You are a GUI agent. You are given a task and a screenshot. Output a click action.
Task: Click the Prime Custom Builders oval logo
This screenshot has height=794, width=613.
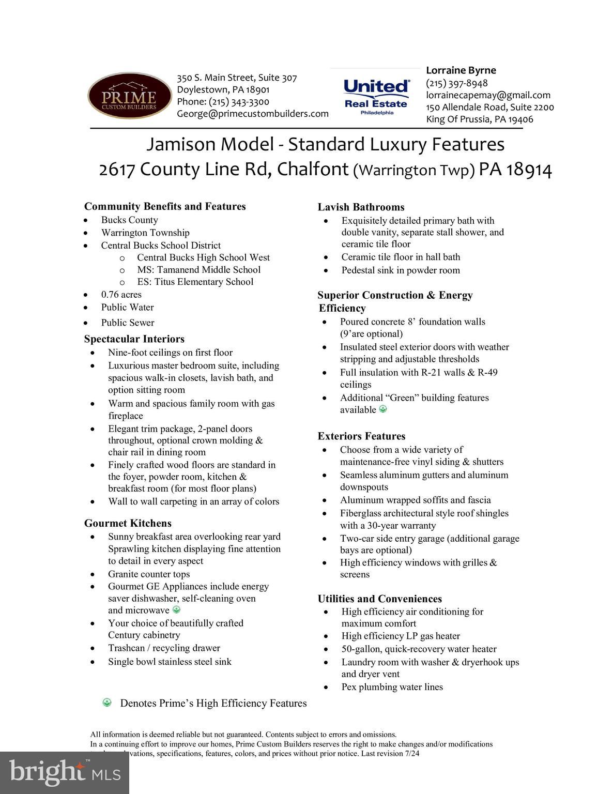pos(129,96)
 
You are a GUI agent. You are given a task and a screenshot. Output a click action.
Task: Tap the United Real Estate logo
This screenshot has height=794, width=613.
pos(376,97)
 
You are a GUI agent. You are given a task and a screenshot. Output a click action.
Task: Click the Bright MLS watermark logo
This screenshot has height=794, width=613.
pos(64,772)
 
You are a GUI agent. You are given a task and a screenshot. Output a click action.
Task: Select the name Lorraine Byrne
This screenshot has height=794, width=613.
pos(461,70)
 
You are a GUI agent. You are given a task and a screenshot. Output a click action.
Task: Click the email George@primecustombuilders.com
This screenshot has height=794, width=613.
pos(252,114)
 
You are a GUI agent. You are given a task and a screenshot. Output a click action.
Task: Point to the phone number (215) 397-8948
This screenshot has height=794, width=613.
pos(456,83)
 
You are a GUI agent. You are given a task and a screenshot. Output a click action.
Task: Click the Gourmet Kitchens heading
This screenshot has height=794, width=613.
pos(128,523)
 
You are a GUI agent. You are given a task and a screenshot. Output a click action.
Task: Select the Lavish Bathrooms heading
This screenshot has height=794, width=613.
pos(361,207)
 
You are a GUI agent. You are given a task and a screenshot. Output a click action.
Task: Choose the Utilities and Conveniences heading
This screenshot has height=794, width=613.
pos(379,599)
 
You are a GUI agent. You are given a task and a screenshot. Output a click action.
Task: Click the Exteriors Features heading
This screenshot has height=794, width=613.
pos(361,436)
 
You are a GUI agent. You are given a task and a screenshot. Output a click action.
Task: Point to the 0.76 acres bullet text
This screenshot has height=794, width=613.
pos(121,295)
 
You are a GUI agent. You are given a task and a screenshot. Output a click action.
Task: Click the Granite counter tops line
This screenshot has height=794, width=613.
pos(149,574)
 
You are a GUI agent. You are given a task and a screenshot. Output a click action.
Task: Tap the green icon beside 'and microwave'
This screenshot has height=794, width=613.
pos(176,610)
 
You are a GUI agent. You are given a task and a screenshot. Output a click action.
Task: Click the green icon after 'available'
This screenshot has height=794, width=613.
pos(383,409)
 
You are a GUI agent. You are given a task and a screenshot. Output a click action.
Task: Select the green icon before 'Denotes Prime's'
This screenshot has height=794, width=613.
pos(107,703)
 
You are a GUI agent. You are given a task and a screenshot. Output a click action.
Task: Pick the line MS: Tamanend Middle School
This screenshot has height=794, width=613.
pos(198,269)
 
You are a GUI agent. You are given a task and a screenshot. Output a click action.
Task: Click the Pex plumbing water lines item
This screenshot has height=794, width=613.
pos(392,687)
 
